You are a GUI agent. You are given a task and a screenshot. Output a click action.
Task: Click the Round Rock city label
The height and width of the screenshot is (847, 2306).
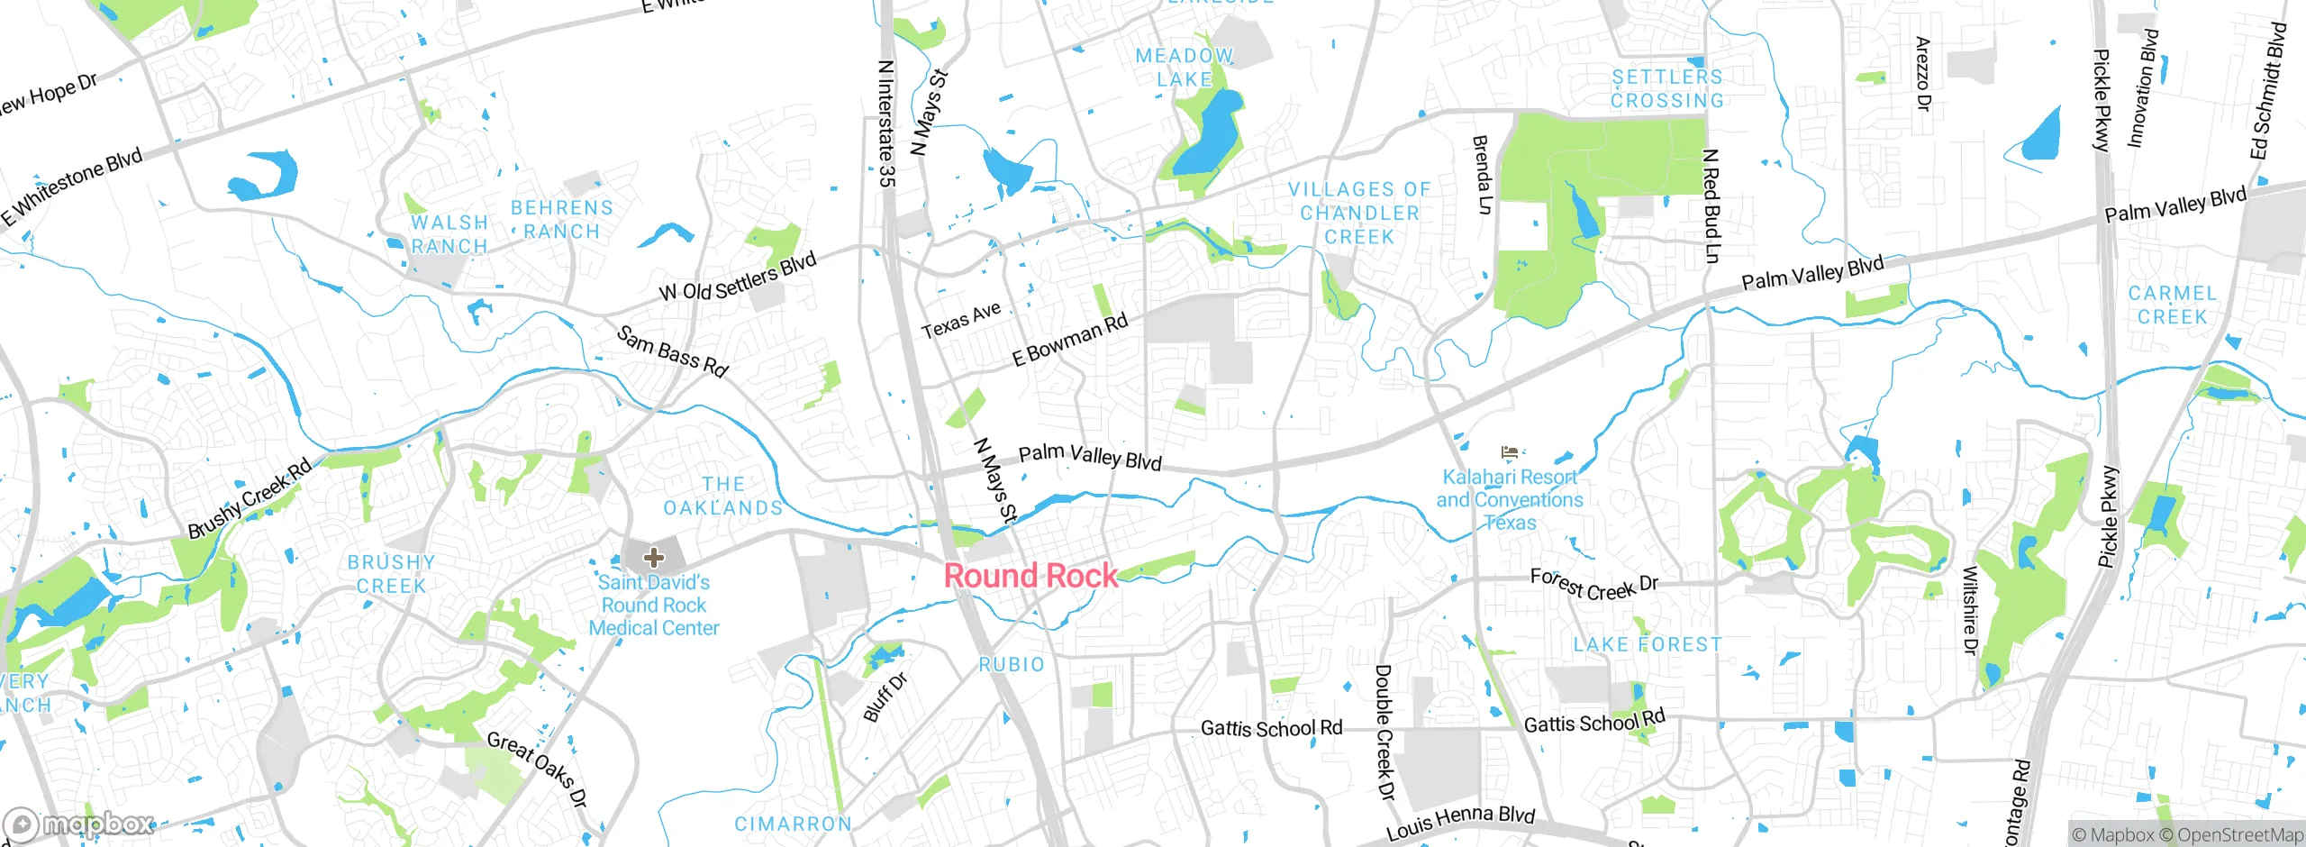click(x=1030, y=575)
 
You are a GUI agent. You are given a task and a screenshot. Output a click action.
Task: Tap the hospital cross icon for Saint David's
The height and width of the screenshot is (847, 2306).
click(x=654, y=558)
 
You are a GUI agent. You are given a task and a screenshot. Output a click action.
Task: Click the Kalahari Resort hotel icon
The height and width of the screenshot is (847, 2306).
click(x=1511, y=451)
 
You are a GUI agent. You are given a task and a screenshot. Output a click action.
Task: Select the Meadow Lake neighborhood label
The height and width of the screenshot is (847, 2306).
click(x=1185, y=68)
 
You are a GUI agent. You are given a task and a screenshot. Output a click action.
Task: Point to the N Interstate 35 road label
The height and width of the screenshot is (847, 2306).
click(x=887, y=124)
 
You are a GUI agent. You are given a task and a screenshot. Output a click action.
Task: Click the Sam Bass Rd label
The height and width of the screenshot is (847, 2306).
click(x=672, y=351)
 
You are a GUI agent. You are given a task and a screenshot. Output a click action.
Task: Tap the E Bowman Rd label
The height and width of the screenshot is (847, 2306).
click(x=1070, y=340)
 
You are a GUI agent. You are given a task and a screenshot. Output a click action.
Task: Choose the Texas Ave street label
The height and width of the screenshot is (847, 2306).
click(x=961, y=320)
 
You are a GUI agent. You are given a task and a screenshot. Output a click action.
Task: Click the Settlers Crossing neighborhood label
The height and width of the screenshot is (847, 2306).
click(x=1667, y=89)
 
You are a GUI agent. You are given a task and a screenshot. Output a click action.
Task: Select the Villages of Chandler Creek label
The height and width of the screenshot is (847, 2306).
click(x=1359, y=214)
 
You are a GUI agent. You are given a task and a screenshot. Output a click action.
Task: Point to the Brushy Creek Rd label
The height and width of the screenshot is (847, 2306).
click(x=250, y=498)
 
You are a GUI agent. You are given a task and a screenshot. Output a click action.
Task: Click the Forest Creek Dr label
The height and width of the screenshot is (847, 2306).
click(x=1593, y=585)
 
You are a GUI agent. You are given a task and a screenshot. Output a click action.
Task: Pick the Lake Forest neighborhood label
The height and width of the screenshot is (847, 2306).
click(x=1647, y=644)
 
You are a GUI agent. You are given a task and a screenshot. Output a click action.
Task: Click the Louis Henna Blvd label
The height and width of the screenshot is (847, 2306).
click(x=1460, y=822)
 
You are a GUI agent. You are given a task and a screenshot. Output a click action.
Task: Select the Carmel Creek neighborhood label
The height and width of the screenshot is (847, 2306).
click(x=2172, y=305)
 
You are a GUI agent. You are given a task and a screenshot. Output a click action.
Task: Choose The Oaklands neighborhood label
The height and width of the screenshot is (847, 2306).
click(x=723, y=496)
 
